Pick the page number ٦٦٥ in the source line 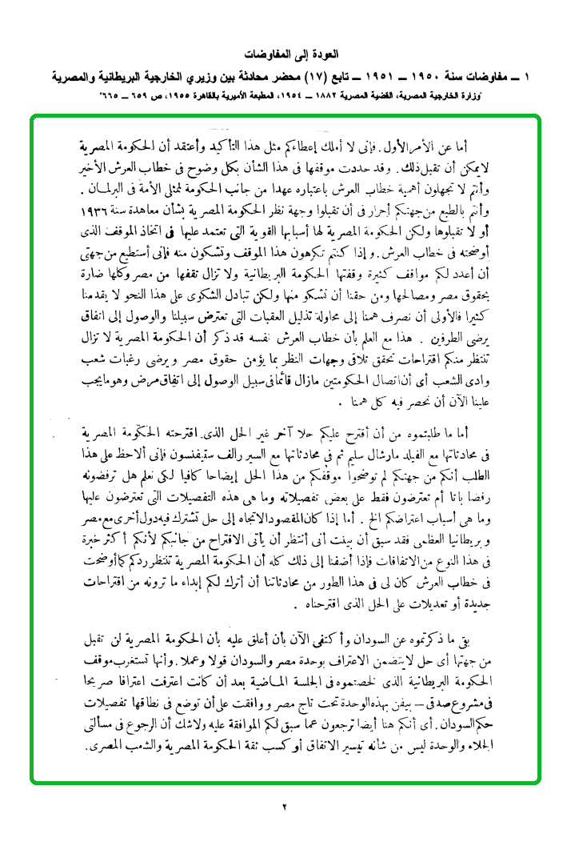click(x=113, y=95)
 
